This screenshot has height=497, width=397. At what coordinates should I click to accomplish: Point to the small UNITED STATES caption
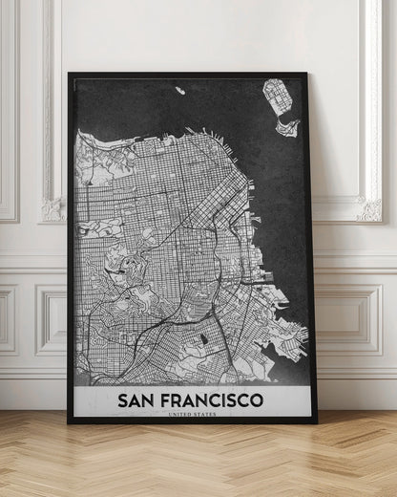click(x=190, y=414)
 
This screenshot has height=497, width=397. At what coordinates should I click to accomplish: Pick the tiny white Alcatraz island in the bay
click(x=178, y=91)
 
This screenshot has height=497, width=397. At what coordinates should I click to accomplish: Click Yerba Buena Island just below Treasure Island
click(x=286, y=125)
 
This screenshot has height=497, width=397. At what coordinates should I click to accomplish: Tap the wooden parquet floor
click(x=191, y=464)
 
